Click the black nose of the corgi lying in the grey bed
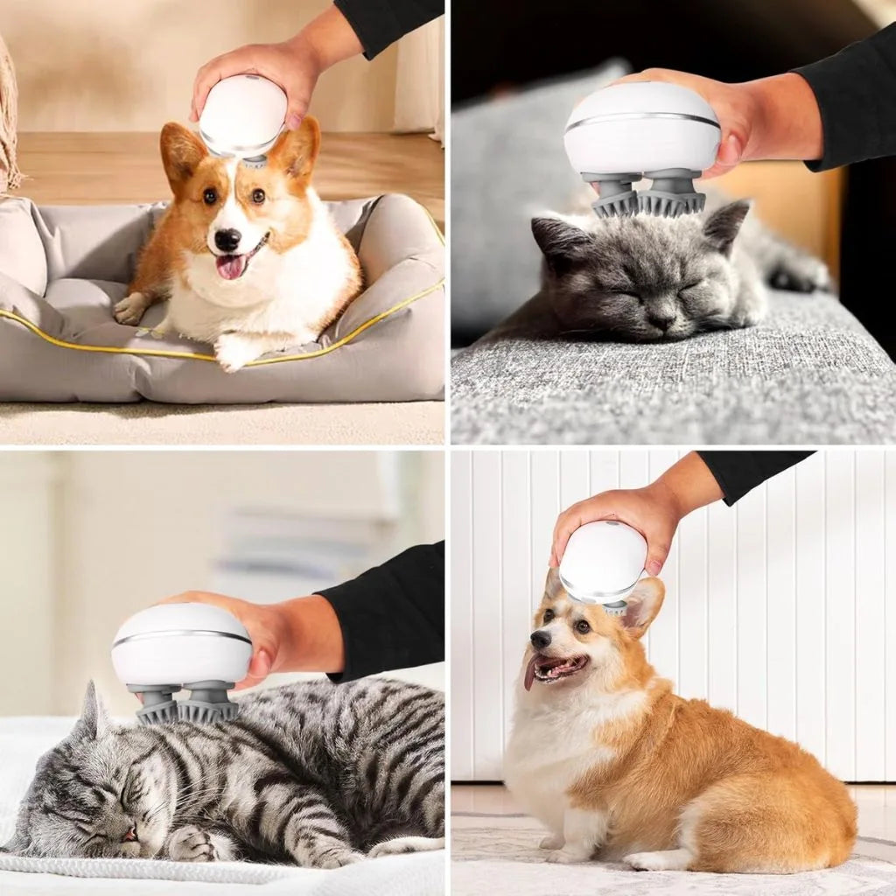228,239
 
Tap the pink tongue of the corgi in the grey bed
231,267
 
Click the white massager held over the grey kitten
642,129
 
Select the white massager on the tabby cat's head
182,645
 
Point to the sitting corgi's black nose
541,639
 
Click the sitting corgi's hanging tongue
530,676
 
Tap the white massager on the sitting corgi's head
603,562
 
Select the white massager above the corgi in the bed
242,115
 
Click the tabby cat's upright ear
91,710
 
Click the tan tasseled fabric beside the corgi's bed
9,114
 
